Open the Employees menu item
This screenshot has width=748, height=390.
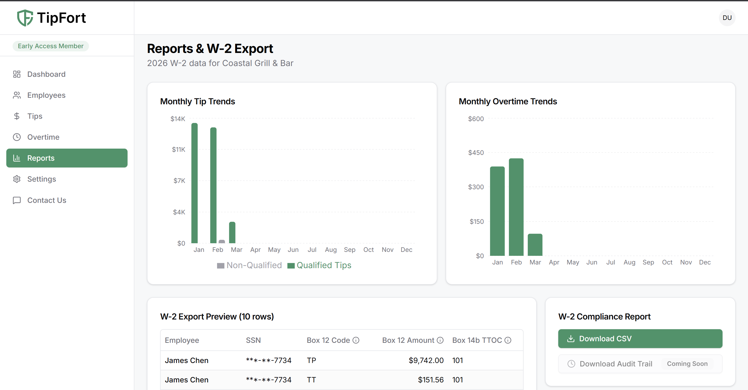(46, 95)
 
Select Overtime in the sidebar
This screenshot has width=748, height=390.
(43, 137)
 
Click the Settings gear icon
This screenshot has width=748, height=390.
(17, 179)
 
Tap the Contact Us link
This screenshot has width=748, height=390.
(46, 200)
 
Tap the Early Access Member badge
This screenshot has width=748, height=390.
(51, 46)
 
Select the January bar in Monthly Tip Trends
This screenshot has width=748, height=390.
(194, 183)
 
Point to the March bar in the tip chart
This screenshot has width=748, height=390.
(232, 232)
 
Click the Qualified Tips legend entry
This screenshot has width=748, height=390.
(319, 265)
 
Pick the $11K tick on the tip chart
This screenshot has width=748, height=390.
(178, 150)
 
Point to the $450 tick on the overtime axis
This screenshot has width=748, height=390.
(476, 153)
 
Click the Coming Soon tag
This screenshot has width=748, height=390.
(687, 364)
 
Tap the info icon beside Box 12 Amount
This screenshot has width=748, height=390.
(440, 340)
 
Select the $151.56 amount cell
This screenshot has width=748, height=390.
(430, 380)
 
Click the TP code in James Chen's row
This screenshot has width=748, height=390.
(311, 360)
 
